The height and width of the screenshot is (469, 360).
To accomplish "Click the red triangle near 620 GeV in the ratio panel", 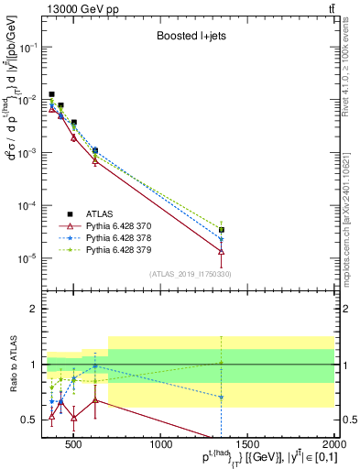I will point(95,400).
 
